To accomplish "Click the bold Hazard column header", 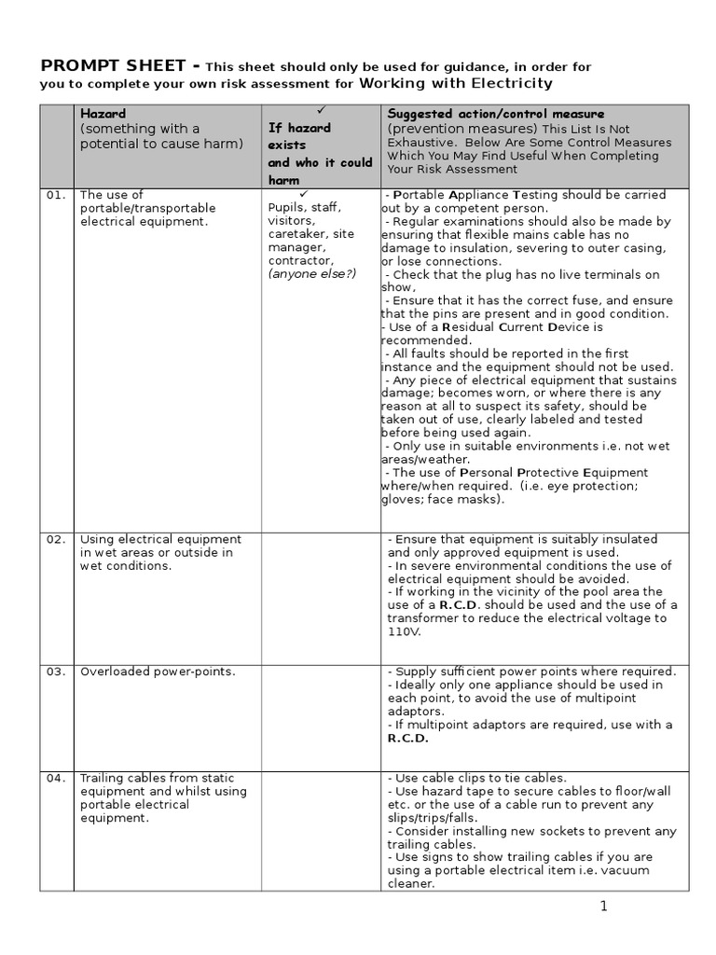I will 103,114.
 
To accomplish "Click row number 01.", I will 56,195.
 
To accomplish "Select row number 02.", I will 56,539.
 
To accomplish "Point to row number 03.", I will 56,671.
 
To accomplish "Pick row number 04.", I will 56,778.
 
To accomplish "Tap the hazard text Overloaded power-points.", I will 158,671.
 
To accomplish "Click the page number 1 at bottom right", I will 604,907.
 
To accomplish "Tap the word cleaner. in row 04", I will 411,883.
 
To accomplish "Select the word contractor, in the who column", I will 300,261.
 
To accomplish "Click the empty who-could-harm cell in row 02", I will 321,598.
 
